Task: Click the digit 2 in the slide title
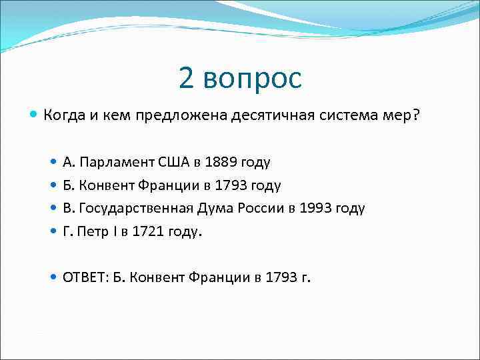pos(187,78)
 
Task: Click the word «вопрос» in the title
pos(253,79)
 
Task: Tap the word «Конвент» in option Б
pos(104,185)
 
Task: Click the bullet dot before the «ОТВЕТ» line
pos(54,277)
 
